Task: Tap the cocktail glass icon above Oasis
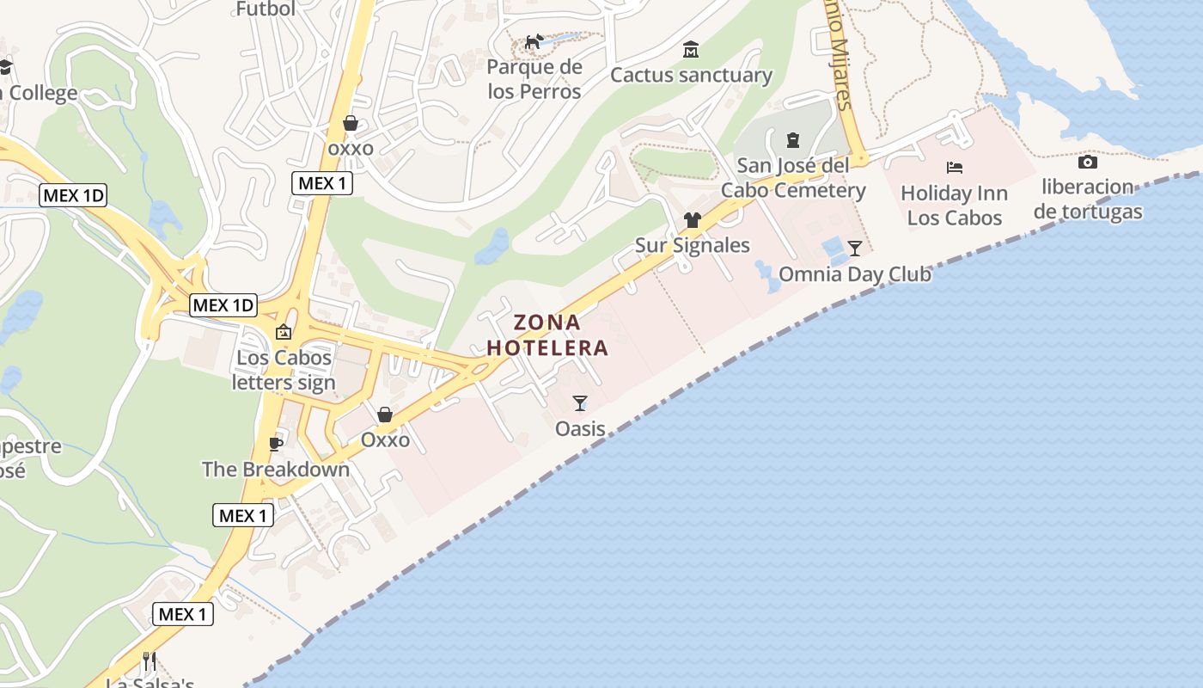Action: (580, 402)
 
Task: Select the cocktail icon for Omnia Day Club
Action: (855, 249)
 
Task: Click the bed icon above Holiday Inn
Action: (955, 167)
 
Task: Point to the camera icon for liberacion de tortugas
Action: (1087, 162)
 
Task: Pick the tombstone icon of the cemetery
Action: (793, 139)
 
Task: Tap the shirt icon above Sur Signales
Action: (693, 220)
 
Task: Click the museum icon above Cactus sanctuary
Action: (691, 50)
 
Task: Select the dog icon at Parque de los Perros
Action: (534, 41)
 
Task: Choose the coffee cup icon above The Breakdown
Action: (275, 444)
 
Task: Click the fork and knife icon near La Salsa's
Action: (150, 660)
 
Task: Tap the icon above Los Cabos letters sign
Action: (283, 332)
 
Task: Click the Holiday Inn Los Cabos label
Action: (954, 206)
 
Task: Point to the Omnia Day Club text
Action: (854, 274)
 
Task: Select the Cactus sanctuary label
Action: (691, 75)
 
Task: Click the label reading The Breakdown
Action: (276, 469)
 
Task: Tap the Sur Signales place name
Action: (692, 245)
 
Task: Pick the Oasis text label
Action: (580, 427)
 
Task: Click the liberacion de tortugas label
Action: (1088, 199)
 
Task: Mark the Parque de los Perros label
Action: (534, 79)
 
